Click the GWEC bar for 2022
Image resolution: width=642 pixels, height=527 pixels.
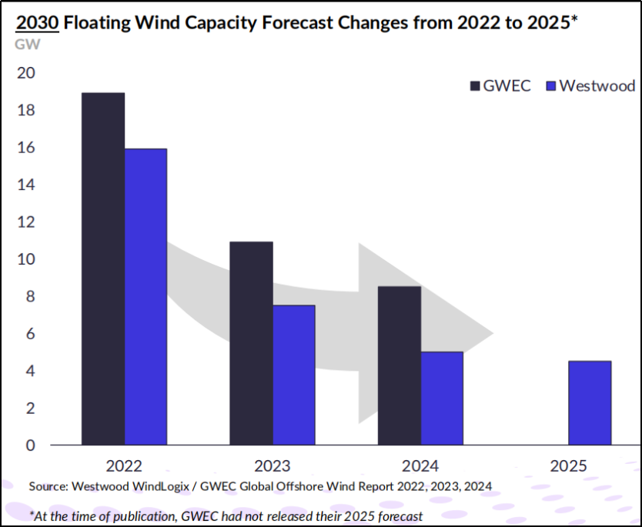[102, 269]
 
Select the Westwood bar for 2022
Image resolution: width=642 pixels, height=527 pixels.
[145, 296]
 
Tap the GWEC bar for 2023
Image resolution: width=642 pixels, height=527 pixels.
[251, 343]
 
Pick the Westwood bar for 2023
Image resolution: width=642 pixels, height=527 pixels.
[293, 375]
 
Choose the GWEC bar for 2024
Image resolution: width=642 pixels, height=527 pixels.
[400, 365]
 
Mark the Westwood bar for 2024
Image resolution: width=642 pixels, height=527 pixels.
[442, 398]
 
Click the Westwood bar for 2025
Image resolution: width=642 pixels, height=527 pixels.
[590, 402]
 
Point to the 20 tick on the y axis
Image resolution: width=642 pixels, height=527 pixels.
[25, 73]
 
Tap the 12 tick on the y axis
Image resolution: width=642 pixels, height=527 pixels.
[25, 222]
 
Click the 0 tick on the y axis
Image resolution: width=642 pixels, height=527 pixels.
[29, 445]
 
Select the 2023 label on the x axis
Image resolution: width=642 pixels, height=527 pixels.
[272, 466]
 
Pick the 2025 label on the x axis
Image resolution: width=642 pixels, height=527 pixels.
[569, 466]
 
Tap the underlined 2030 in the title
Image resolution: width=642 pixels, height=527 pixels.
[37, 22]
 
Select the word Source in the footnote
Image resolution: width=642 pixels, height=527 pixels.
[48, 486]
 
